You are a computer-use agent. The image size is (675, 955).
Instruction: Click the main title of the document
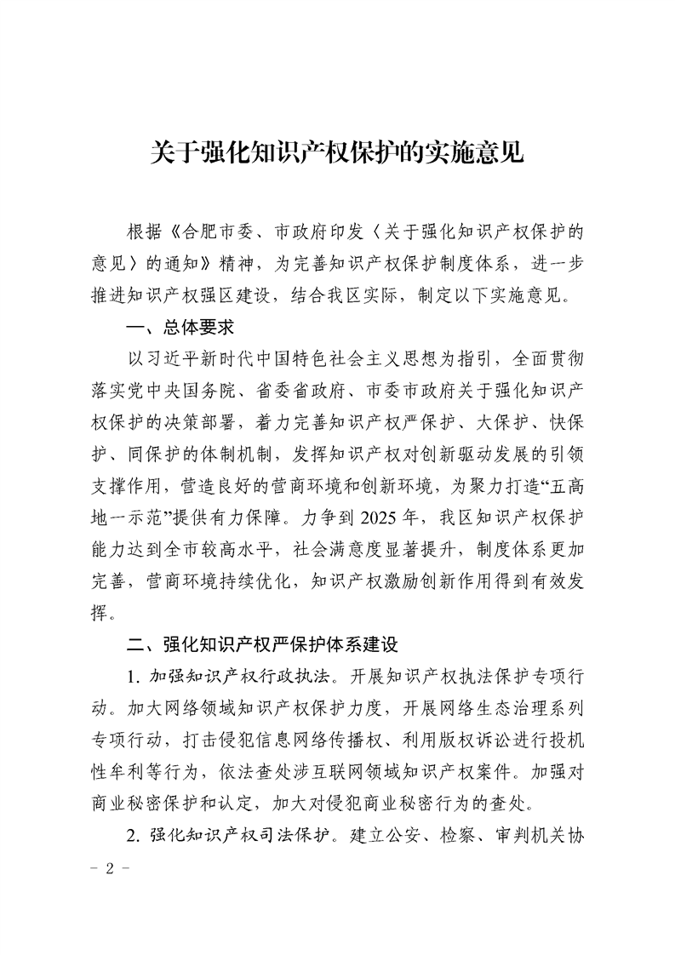(337, 152)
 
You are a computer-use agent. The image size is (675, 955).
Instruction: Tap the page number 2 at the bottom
(109, 871)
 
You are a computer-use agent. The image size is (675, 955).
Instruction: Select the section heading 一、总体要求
(179, 326)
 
